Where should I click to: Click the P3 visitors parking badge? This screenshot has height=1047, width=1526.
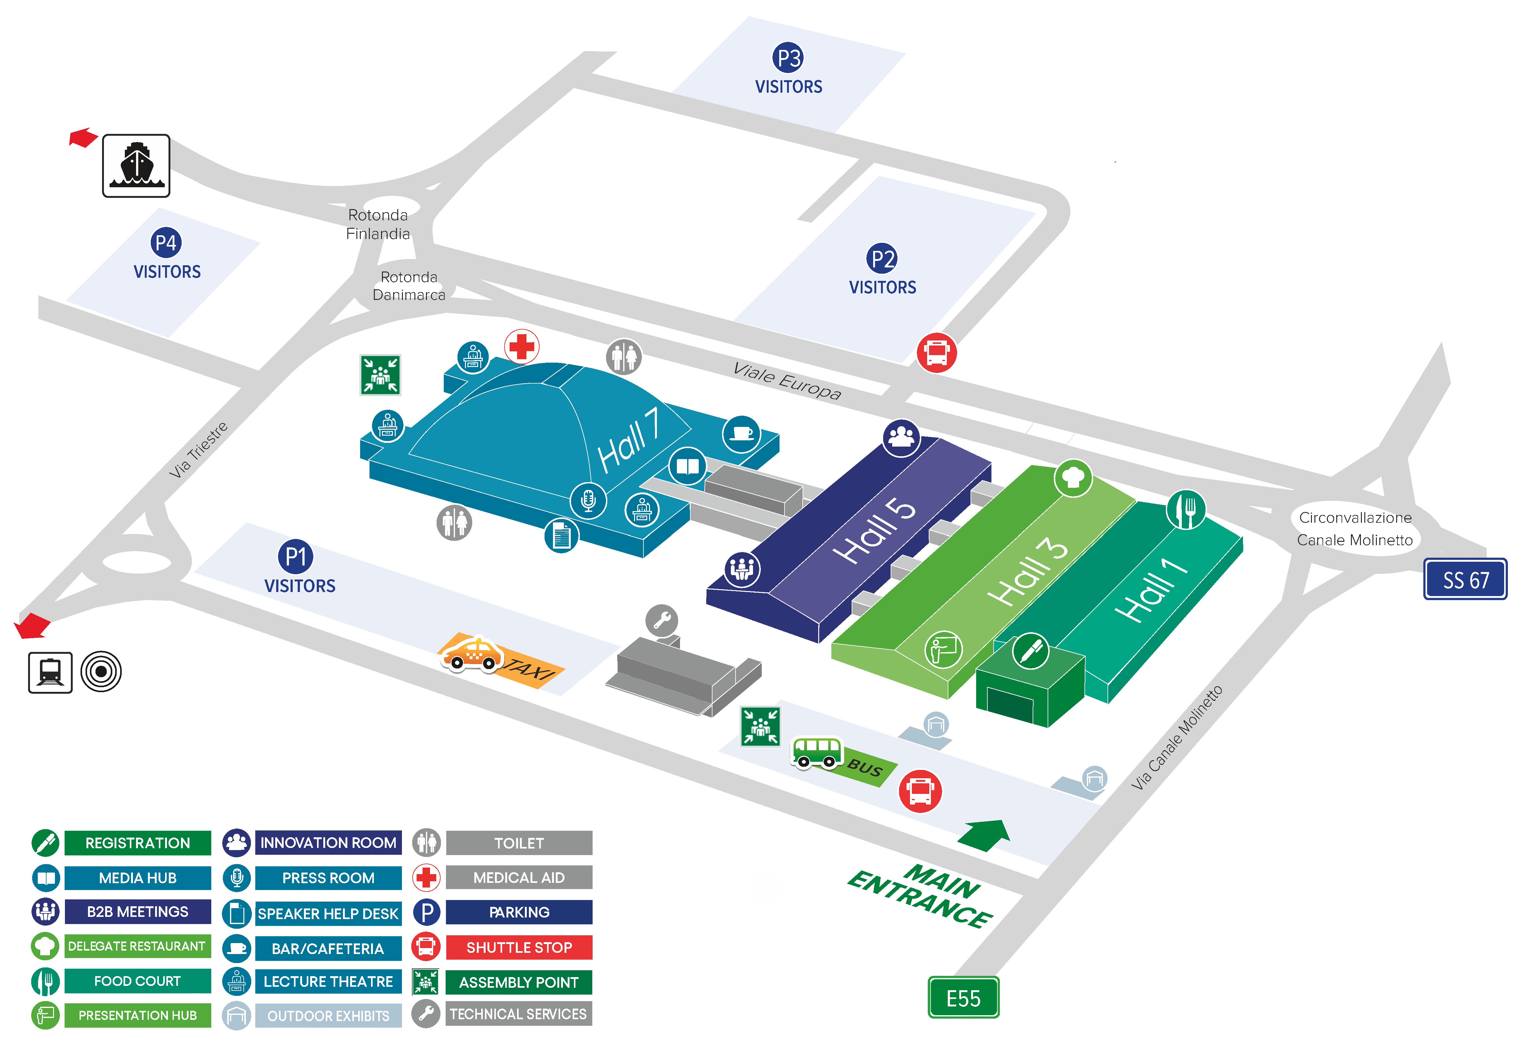coord(788,58)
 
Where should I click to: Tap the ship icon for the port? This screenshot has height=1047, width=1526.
coord(136,165)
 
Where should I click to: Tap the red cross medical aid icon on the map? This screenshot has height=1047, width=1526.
coord(522,346)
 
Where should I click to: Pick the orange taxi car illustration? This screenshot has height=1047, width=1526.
coord(472,654)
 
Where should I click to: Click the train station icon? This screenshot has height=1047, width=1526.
coord(50,672)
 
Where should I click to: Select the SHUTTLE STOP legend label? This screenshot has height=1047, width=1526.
coord(519,947)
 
